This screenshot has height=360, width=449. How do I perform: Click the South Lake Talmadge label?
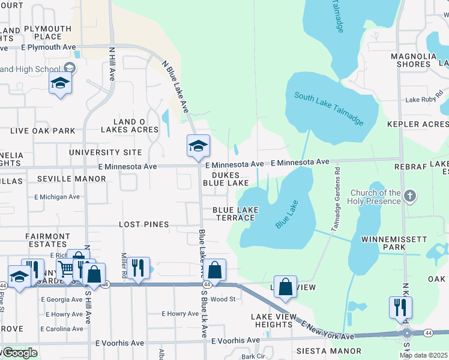[x=330, y=109]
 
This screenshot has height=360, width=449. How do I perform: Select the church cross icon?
[x=410, y=196]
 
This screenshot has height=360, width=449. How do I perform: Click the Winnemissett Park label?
[x=393, y=243]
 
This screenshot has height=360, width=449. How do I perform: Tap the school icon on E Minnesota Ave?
[x=197, y=146]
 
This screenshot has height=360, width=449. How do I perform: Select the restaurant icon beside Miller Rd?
[x=139, y=268]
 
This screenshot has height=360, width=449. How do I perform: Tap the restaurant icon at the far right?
[x=400, y=307]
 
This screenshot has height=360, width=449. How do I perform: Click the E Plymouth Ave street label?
[x=48, y=47]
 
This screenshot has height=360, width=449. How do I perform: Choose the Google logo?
[x=19, y=353]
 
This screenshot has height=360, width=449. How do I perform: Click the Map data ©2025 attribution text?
[x=423, y=355]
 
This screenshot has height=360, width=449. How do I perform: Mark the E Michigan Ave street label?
[x=57, y=197]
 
